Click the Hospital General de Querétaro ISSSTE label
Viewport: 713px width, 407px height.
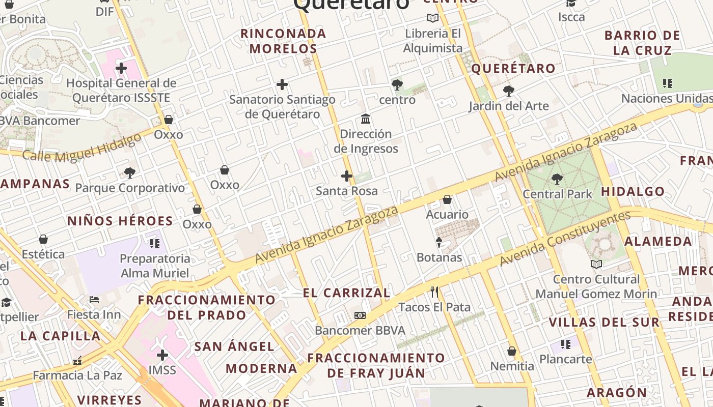pos(121,90)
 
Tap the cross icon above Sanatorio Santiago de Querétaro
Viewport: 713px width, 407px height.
pos(282,84)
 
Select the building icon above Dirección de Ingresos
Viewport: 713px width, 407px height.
pos(366,119)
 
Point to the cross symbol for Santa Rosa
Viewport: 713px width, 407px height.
pos(347,176)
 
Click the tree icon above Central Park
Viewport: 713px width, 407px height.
pos(557,179)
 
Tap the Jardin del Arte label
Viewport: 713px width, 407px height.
pos(508,106)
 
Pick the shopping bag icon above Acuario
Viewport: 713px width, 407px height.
pos(447,199)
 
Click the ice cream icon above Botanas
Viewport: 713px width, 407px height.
pos(439,242)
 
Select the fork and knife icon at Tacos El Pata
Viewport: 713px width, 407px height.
pos(434,292)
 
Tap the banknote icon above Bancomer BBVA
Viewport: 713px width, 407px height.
pos(360,315)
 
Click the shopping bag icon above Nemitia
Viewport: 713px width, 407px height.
pos(512,351)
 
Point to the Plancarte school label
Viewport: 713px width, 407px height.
pos(565,359)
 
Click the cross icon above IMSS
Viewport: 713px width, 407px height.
pos(162,355)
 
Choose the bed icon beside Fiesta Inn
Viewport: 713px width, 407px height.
pos(94,300)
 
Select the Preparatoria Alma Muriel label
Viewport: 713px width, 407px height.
pos(155,266)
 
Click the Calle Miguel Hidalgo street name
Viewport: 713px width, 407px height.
pos(81,148)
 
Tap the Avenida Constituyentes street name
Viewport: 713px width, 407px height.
pos(565,239)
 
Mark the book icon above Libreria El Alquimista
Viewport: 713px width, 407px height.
pos(433,18)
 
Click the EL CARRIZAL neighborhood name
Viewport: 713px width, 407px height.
pos(346,293)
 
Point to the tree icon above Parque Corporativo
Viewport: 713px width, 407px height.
pos(130,173)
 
